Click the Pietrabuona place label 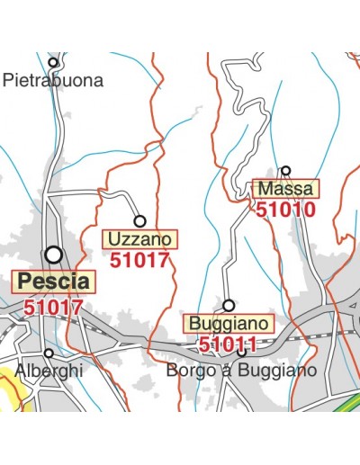[x=53, y=80]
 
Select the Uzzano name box [x=141, y=239]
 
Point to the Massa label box [x=284, y=189]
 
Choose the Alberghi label [x=49, y=371]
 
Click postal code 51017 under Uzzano [x=139, y=261]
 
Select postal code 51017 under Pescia [x=54, y=307]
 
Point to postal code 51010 [x=285, y=210]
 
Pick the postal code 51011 [x=229, y=344]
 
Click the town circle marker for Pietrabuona [x=54, y=63]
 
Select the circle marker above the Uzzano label [x=139, y=220]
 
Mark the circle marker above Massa [x=286, y=170]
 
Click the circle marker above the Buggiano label [x=229, y=305]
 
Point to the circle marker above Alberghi [x=49, y=353]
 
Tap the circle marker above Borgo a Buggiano [x=241, y=352]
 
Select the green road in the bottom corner [x=346, y=405]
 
